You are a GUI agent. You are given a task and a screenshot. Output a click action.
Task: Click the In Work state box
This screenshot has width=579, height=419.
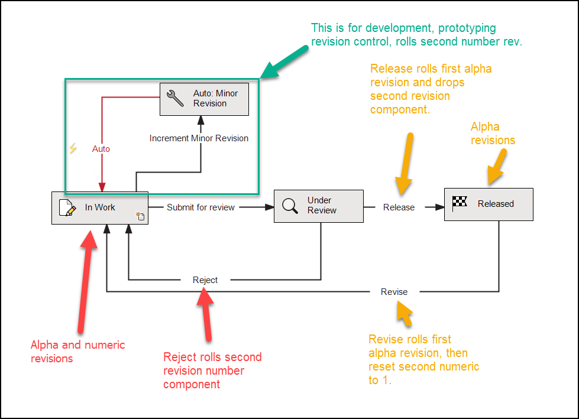[x=99, y=207]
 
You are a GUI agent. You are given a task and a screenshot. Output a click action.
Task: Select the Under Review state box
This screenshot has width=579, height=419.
[x=318, y=206]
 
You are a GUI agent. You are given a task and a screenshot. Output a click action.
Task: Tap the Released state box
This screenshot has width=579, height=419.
[x=489, y=204]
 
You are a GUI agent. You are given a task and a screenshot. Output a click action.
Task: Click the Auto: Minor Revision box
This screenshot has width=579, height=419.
[x=204, y=99]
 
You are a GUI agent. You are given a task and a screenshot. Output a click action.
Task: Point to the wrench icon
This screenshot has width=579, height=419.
[x=176, y=99]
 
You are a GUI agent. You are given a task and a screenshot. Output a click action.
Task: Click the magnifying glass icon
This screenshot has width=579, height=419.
[x=290, y=206]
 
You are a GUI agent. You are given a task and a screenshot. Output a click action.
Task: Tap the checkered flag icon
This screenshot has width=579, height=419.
[x=460, y=203]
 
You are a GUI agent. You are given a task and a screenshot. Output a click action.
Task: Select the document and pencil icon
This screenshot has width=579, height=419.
[x=67, y=207]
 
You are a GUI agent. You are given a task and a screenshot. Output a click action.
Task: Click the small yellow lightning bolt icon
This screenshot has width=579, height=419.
[x=73, y=148]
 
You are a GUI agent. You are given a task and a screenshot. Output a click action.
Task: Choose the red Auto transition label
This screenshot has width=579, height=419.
[x=101, y=149]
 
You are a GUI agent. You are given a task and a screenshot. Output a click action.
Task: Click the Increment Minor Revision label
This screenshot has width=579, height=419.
[x=199, y=138]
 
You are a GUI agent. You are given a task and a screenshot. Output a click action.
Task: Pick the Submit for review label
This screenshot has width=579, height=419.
[x=200, y=207]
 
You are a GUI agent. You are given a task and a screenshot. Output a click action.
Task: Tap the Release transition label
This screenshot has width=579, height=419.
[x=399, y=207]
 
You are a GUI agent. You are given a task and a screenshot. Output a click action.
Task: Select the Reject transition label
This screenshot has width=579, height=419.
[x=205, y=280]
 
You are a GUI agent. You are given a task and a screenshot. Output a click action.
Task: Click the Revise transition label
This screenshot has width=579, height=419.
[x=394, y=292]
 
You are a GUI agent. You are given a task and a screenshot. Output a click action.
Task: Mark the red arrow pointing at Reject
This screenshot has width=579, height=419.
[x=207, y=316]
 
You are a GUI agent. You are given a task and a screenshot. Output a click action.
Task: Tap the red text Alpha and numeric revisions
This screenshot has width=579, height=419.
[x=77, y=352]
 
